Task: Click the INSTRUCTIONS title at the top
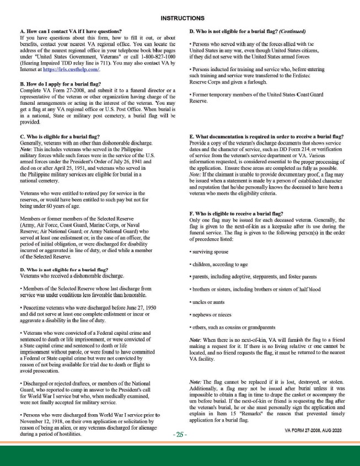coord(180,18)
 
